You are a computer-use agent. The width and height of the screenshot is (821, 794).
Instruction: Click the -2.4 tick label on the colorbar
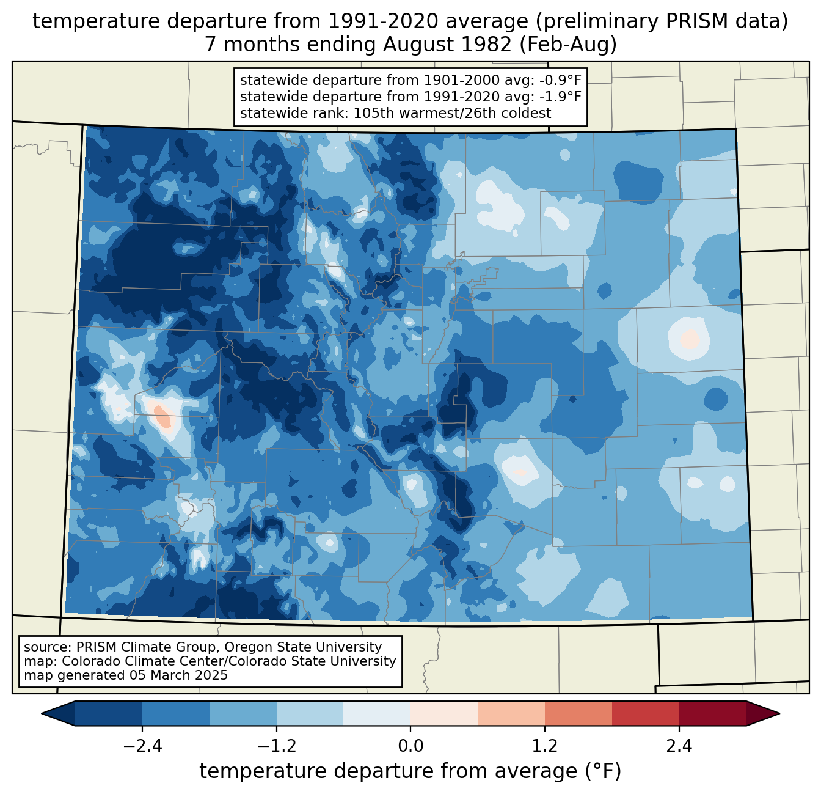pos(142,746)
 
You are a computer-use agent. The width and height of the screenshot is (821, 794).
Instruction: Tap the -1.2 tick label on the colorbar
pos(276,746)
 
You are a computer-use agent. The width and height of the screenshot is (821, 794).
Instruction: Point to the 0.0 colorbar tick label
pos(410,746)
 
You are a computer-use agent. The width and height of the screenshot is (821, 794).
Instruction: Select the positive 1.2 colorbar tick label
pos(545,746)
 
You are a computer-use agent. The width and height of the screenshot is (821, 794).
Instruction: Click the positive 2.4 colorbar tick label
pos(679,746)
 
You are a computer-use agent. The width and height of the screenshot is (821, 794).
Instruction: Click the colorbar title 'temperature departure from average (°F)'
pos(410,771)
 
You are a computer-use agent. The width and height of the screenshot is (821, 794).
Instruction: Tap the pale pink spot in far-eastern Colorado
pos(690,339)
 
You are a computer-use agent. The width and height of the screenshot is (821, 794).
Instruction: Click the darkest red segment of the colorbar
pos(712,713)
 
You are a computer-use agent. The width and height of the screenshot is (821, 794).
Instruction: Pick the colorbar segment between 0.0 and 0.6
pos(444,713)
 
